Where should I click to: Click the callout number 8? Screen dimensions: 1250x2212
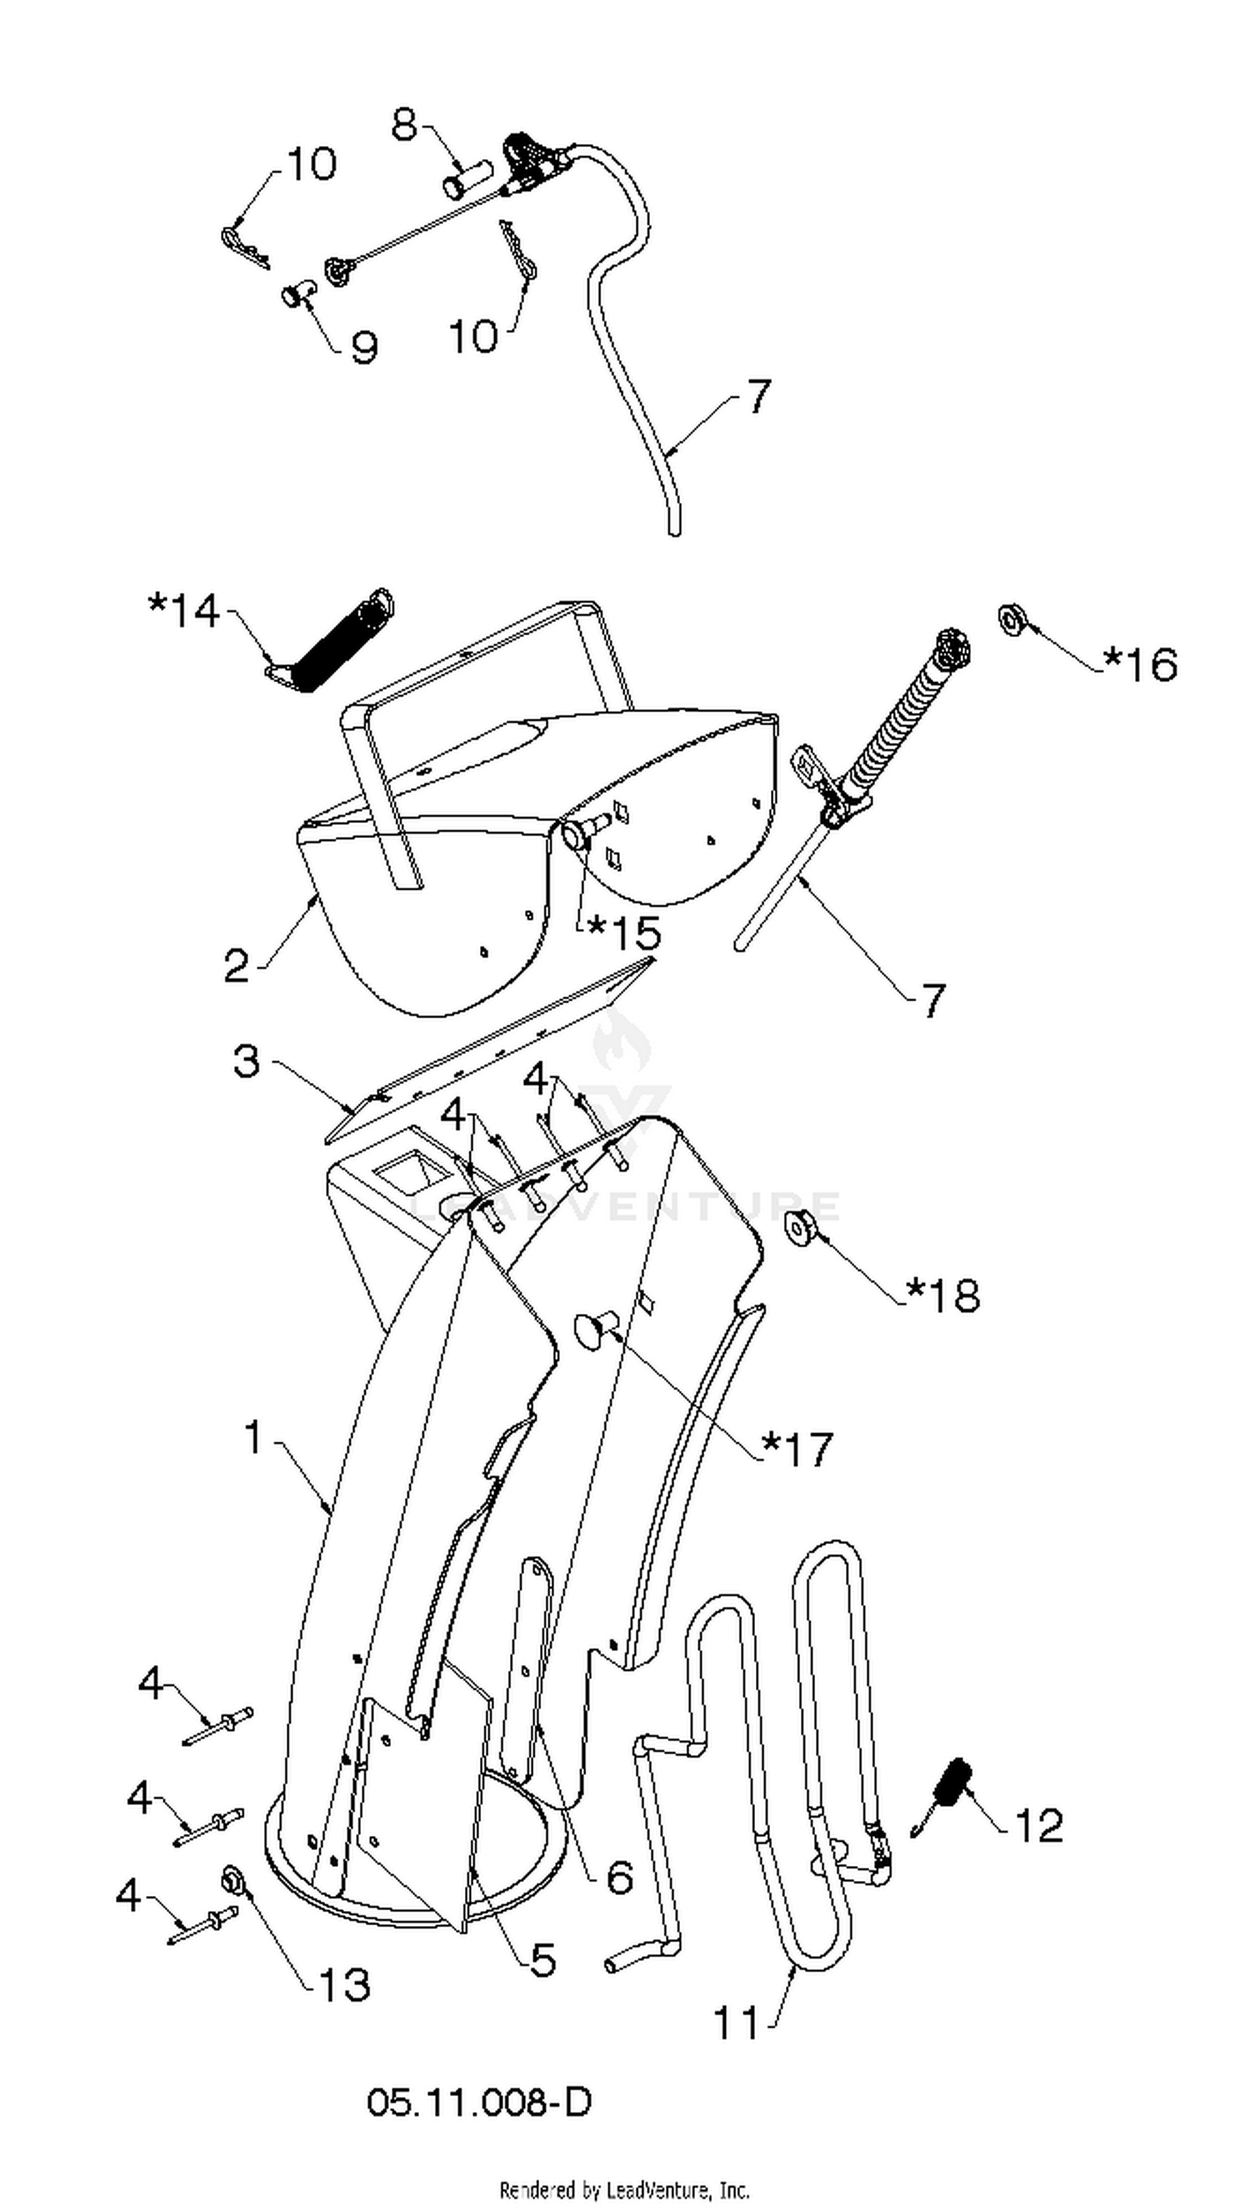coord(404,125)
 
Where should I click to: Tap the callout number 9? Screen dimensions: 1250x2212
coord(364,347)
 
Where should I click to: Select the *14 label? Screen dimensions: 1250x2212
coord(183,611)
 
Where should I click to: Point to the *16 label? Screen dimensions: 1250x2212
coord(1139,664)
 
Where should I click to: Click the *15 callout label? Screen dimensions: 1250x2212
coord(623,932)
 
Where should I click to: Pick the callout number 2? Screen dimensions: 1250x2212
coord(237,967)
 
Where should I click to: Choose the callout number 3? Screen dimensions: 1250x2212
coord(247,1061)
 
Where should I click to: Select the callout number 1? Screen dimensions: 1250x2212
coord(254,1437)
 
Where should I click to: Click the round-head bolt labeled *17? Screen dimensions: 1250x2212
coord(596,1329)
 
